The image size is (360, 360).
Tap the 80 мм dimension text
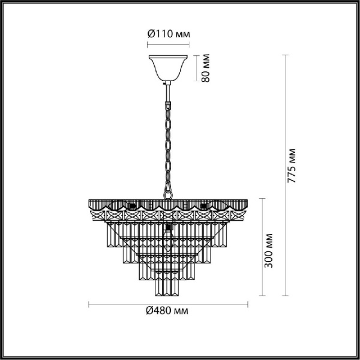(x=206, y=69)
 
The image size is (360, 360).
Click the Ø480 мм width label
(x=167, y=310)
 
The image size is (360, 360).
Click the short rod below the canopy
(x=168, y=90)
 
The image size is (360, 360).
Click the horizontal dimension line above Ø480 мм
(x=167, y=301)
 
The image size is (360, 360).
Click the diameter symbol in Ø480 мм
(x=149, y=310)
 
